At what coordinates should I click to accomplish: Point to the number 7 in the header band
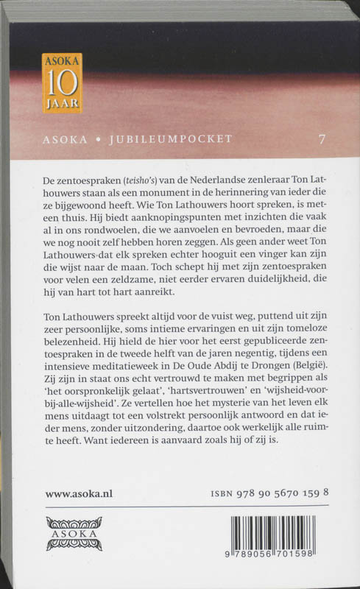tap(321, 138)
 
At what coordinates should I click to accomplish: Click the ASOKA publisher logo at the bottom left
tap(73, 532)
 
